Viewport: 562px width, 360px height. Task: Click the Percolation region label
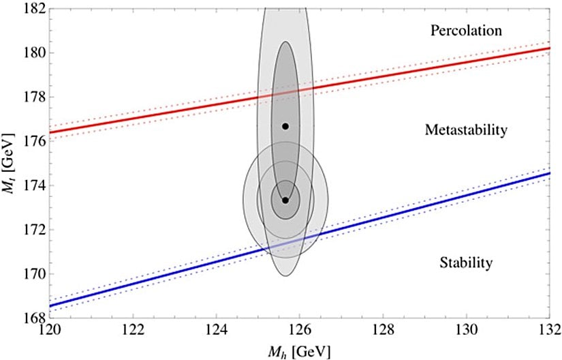(467, 31)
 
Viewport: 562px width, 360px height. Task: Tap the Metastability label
(466, 130)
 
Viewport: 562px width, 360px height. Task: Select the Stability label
(466, 262)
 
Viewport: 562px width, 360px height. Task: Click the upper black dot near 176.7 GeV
(285, 126)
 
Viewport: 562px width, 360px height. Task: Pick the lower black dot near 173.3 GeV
(285, 200)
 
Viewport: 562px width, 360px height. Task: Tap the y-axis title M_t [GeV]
(9, 164)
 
